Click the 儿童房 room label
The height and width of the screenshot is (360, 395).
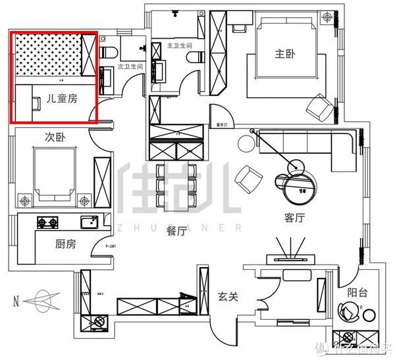(x=63, y=99)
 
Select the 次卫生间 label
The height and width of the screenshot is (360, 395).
(x=130, y=66)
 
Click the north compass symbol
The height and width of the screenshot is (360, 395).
(x=43, y=301)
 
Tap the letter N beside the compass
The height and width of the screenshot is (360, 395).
(x=15, y=302)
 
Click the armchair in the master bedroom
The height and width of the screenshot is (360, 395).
(x=321, y=107)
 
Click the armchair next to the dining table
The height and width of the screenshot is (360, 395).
(x=251, y=177)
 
